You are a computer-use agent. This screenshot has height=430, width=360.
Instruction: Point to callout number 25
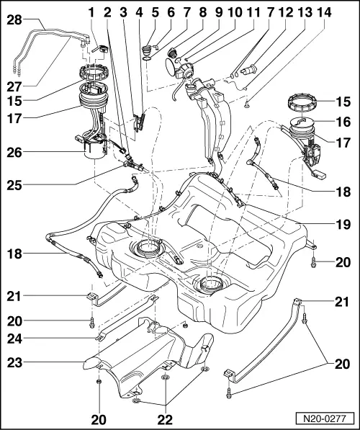click(14, 184)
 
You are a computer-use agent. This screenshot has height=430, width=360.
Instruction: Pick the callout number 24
click(14, 336)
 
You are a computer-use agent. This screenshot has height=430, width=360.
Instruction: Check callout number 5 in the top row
click(156, 12)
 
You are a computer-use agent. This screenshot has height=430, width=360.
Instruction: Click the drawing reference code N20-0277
click(328, 417)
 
